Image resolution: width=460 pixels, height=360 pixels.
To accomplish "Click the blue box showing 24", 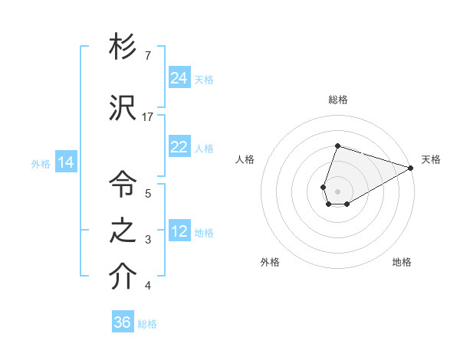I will (179, 78).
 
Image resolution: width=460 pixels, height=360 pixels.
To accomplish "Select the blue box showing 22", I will (179, 148).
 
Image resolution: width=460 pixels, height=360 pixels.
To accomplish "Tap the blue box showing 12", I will (179, 231).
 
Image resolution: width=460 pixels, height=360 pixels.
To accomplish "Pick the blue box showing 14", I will (66, 162).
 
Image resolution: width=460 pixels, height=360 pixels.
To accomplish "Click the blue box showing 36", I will (123, 322).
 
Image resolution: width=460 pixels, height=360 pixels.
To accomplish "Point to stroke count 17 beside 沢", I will (148, 116).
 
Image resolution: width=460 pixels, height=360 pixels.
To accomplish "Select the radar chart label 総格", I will (337, 100).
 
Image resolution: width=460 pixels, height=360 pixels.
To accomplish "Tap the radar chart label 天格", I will (431, 159).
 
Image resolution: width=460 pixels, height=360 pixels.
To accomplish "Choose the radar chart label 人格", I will (245, 159).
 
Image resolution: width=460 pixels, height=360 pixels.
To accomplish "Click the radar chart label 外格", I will (270, 262).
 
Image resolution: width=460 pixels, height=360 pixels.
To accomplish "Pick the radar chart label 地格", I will (402, 262).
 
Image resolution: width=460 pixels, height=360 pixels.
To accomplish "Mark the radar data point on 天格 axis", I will (411, 168).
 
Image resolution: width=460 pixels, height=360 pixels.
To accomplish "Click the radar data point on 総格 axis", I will (337, 146).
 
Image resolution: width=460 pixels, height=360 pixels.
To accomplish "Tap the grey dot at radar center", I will (337, 190).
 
